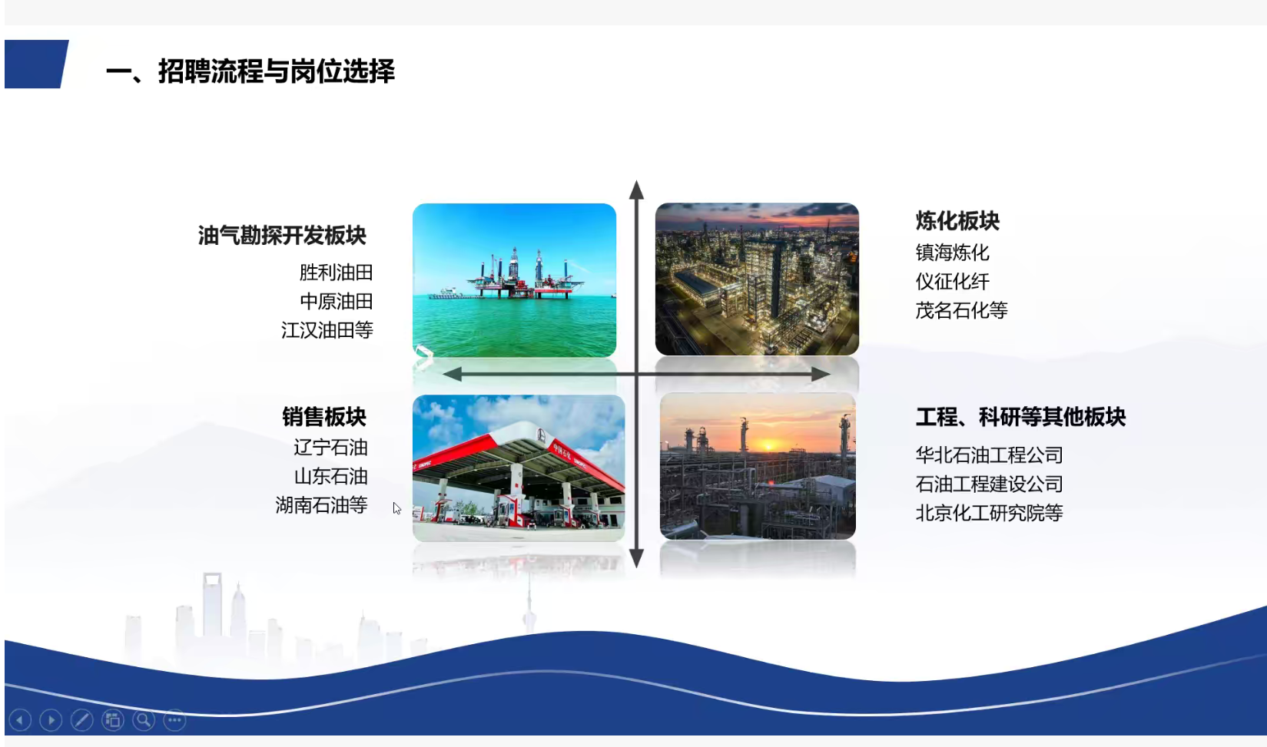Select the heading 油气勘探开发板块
pyautogui.click(x=282, y=236)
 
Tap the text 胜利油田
pyautogui.click(x=336, y=273)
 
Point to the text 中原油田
pyautogui.click(x=336, y=301)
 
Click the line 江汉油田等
pyautogui.click(x=327, y=330)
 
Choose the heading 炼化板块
pyautogui.click(x=957, y=221)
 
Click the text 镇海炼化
pyautogui.click(x=953, y=252)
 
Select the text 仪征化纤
pyautogui.click(x=953, y=282)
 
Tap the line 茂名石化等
pyautogui.click(x=961, y=310)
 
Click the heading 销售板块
pyautogui.click(x=324, y=417)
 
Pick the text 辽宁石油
pyautogui.click(x=331, y=448)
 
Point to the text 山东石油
pyautogui.click(x=331, y=476)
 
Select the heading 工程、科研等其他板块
pyautogui.click(x=1020, y=417)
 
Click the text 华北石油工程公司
pyautogui.click(x=990, y=454)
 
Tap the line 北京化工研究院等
pyautogui.click(x=990, y=513)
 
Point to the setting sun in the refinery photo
pyautogui.click(x=768, y=446)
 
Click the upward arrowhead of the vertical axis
pyautogui.click(x=636, y=190)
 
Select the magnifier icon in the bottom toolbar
pyautogui.click(x=144, y=720)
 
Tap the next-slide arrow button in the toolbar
pyautogui.click(x=51, y=720)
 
